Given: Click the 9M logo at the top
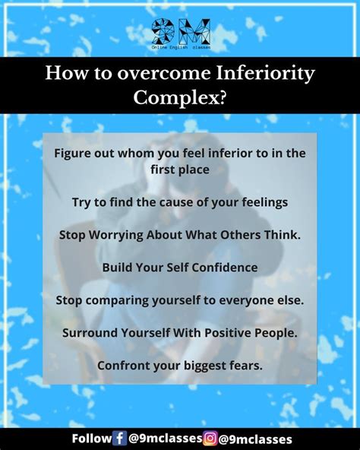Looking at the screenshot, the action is [x=181, y=33].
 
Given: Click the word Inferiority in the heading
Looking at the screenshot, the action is [x=265, y=74].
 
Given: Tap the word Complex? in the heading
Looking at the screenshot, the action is [x=180, y=98].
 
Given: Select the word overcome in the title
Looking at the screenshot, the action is [x=164, y=74].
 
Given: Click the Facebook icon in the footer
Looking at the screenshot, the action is [x=119, y=439].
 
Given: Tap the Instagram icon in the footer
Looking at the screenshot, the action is [x=210, y=439].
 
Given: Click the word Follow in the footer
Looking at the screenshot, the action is [x=91, y=439].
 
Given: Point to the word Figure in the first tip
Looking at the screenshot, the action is [x=71, y=154].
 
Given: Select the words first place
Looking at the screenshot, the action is [x=180, y=170].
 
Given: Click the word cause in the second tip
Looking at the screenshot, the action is [x=176, y=202].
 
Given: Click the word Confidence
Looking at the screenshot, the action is [x=225, y=268].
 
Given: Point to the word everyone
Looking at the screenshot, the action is [x=246, y=301].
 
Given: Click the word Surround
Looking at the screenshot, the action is [x=90, y=333].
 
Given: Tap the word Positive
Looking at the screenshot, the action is [x=228, y=333].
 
